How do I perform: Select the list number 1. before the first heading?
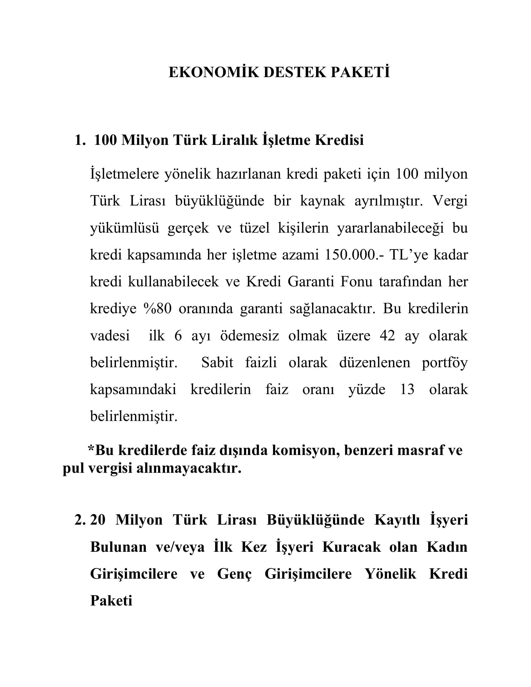(x=80, y=140)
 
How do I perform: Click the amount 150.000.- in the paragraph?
(x=354, y=255)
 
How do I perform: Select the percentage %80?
(x=158, y=309)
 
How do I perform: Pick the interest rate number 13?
(x=407, y=389)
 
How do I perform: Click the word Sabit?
(x=217, y=362)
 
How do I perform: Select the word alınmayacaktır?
(x=188, y=468)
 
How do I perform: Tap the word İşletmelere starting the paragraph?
(x=125, y=174)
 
